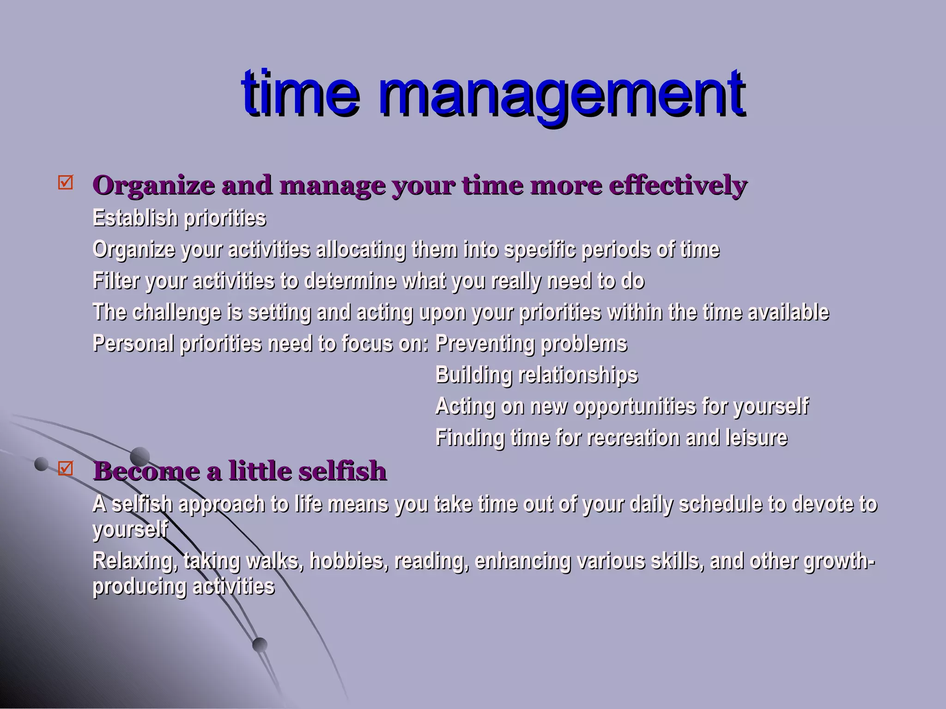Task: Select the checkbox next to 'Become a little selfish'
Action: pos(66,469)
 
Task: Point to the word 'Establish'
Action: pos(135,218)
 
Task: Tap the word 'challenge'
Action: pos(176,312)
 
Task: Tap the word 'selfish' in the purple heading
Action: pos(342,471)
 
